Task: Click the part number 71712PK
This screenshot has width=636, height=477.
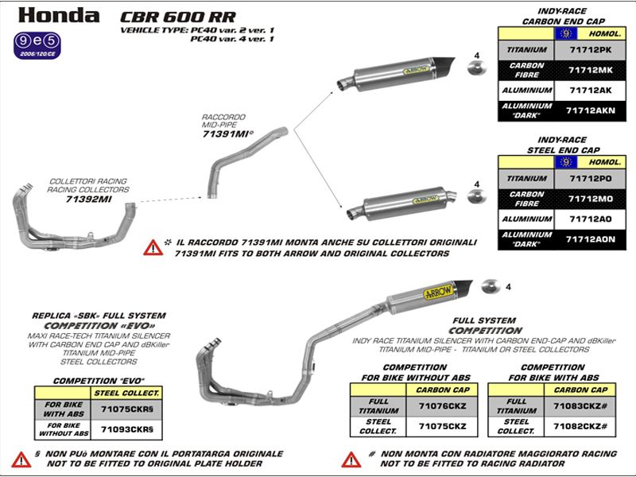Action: [590, 50]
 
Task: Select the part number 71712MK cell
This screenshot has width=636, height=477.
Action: [590, 71]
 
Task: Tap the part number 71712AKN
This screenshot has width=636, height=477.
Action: [590, 111]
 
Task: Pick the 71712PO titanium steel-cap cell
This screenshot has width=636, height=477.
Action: [590, 178]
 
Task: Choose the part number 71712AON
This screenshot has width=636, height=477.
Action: [590, 238]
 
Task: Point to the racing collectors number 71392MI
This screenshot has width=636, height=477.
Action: [88, 200]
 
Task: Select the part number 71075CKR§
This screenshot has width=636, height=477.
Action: [127, 409]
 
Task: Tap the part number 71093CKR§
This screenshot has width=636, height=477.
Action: [127, 429]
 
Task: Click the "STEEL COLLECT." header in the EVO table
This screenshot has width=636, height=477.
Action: [127, 392]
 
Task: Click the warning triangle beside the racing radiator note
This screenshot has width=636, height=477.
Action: [351, 460]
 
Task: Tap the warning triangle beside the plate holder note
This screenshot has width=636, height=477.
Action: [21, 460]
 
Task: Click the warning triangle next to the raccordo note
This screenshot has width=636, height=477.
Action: [153, 247]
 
